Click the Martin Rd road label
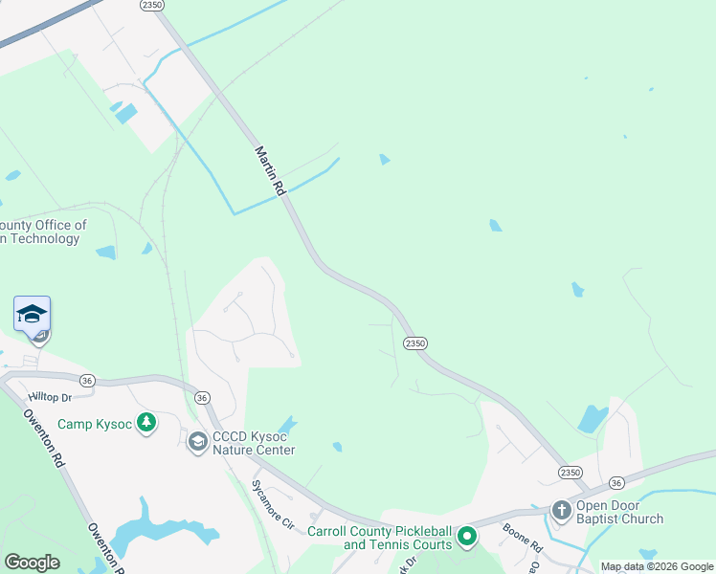pyautogui.click(x=271, y=171)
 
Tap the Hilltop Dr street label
pyautogui.click(x=51, y=396)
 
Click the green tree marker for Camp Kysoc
pyautogui.click(x=145, y=422)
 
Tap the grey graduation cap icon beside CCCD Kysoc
pyautogui.click(x=197, y=442)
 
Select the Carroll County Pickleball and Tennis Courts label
pyautogui.click(x=379, y=538)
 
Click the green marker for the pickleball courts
pyautogui.click(x=467, y=537)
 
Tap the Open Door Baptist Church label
pyautogui.click(x=619, y=512)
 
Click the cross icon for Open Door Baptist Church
pyautogui.click(x=560, y=511)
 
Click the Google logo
pyautogui.click(x=32, y=563)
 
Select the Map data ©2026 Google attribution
pyautogui.click(x=657, y=566)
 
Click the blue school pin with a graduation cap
pyautogui.click(x=32, y=314)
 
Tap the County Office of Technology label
pyautogui.click(x=43, y=232)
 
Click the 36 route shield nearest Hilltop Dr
pyautogui.click(x=87, y=380)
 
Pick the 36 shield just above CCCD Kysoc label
pyautogui.click(x=201, y=397)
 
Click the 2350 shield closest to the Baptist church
pyautogui.click(x=571, y=473)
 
